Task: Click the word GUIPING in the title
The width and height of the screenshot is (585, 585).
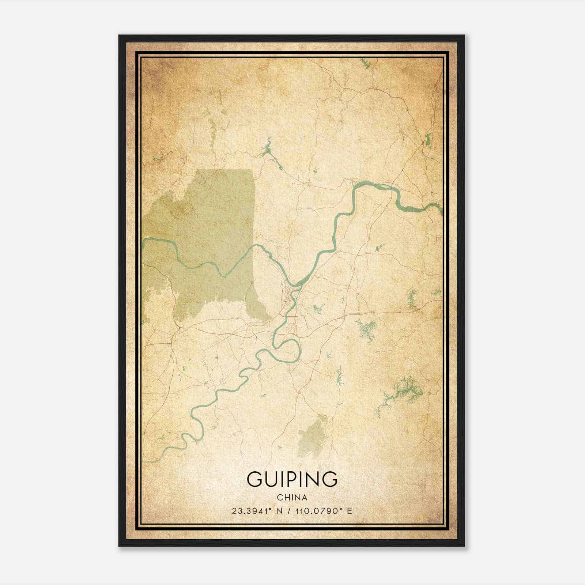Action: (x=292, y=479)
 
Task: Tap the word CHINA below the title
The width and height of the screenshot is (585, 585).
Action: (x=292, y=498)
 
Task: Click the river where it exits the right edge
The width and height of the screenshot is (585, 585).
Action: (x=441, y=210)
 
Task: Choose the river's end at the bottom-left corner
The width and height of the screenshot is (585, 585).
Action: (x=146, y=461)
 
